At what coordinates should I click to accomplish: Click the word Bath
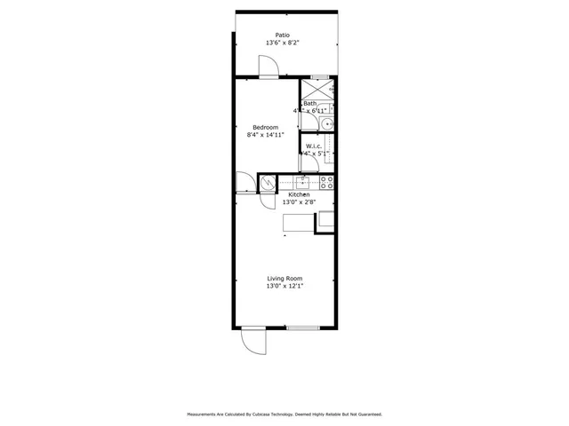[310, 104]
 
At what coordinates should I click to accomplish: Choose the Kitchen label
[299, 194]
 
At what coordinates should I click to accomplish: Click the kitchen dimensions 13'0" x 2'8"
[299, 202]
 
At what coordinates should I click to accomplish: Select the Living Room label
[284, 279]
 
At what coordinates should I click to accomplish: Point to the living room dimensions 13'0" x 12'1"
[284, 287]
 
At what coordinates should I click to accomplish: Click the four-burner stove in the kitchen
[326, 183]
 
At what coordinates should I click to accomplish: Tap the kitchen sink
[303, 182]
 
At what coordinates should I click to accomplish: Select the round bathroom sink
[326, 124]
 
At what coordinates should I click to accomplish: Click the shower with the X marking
[315, 89]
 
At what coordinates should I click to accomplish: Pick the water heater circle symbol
[268, 183]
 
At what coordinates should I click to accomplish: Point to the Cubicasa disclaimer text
[284, 414]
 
